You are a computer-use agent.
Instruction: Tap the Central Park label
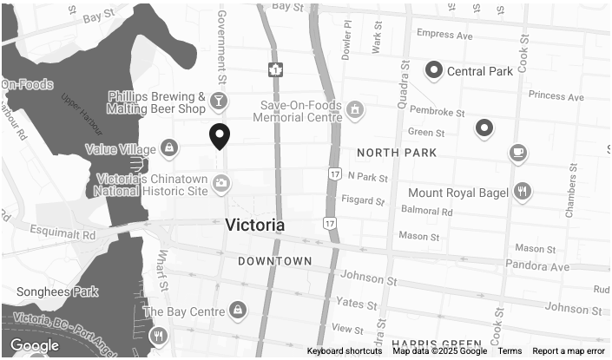[480, 71]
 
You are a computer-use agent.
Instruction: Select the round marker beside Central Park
[433, 70]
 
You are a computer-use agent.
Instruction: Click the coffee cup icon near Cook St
[518, 154]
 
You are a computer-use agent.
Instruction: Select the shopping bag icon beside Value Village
[168, 148]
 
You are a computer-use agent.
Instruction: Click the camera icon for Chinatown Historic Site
[221, 183]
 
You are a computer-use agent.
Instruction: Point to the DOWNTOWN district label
[275, 261]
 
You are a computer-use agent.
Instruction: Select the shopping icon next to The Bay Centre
[237, 311]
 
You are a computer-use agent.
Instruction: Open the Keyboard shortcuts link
[345, 351]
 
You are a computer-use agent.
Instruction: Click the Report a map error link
[569, 351]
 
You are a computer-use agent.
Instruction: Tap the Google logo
[34, 346]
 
